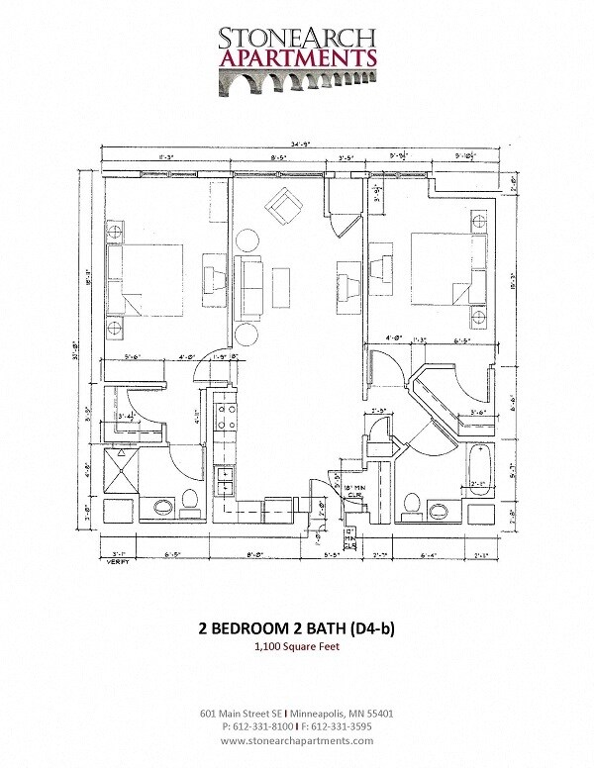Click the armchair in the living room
point(284,207)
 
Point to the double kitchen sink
point(224,482)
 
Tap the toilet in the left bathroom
point(191,502)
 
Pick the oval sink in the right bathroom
point(436,512)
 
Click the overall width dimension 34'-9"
point(298,145)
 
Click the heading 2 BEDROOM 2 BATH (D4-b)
point(297,627)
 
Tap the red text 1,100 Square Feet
point(297,647)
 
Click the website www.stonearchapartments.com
point(297,740)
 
